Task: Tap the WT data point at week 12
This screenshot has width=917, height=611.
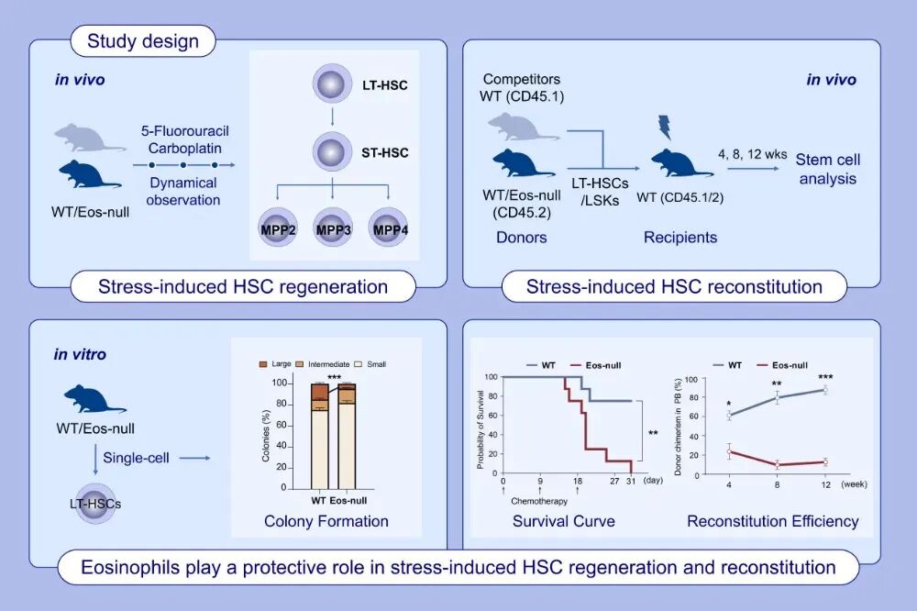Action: (x=824, y=390)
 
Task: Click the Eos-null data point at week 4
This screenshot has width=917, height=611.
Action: (x=729, y=450)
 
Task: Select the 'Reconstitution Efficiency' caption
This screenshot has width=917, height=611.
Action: (x=772, y=521)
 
